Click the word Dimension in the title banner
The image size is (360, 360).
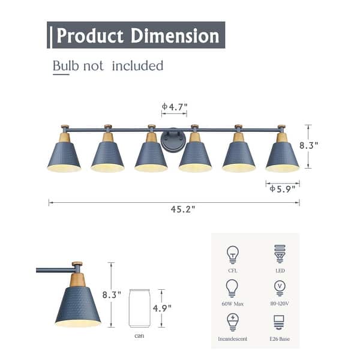tap(175, 35)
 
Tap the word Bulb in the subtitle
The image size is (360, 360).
tap(65, 65)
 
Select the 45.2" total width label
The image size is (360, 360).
tap(183, 209)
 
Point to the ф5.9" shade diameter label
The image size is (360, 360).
tap(283, 189)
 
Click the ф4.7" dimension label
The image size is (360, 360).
tap(175, 107)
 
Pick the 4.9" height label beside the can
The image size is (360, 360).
tap(163, 308)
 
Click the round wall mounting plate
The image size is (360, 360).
tap(173, 139)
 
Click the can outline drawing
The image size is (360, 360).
tap(139, 308)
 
